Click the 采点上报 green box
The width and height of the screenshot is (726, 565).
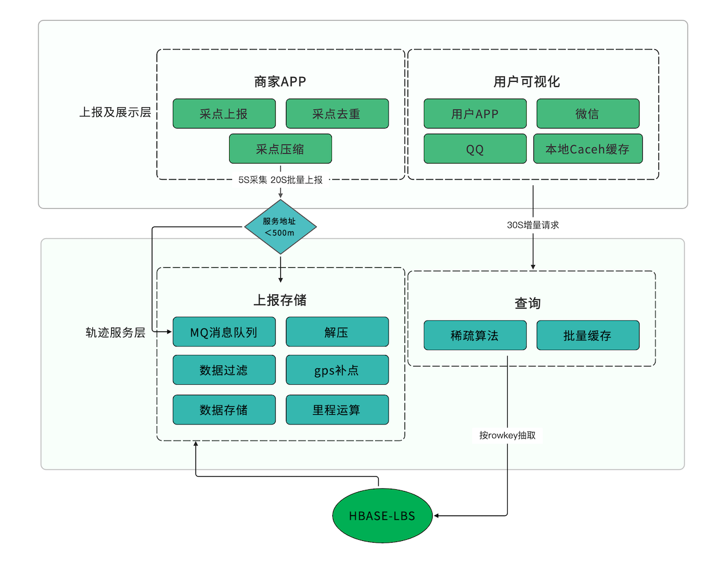click(x=224, y=114)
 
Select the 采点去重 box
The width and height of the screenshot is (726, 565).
click(x=337, y=114)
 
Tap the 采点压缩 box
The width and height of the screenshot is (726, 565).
click(x=280, y=149)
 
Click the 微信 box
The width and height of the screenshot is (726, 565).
click(x=587, y=114)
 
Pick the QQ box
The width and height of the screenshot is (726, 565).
click(x=474, y=149)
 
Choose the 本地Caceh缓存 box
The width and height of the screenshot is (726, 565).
click(x=587, y=149)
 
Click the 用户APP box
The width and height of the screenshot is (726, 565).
click(x=474, y=114)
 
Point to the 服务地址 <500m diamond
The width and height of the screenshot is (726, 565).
click(x=280, y=227)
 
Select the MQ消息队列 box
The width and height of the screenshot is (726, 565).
click(x=224, y=332)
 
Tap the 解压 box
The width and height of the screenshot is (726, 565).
click(x=337, y=332)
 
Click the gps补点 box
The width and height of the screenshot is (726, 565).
click(x=337, y=370)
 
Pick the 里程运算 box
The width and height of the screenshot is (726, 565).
click(x=337, y=410)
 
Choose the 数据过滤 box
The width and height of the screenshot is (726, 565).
click(x=224, y=370)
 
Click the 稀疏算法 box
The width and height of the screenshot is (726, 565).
click(x=474, y=335)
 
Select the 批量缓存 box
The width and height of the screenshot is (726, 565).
click(x=587, y=335)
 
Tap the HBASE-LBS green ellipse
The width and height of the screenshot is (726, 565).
click(x=382, y=516)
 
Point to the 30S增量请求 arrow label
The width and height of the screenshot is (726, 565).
click(x=533, y=225)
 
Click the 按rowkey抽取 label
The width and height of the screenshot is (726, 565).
click(x=508, y=435)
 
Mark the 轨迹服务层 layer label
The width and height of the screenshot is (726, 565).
click(x=115, y=333)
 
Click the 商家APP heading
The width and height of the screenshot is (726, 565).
click(x=280, y=81)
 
